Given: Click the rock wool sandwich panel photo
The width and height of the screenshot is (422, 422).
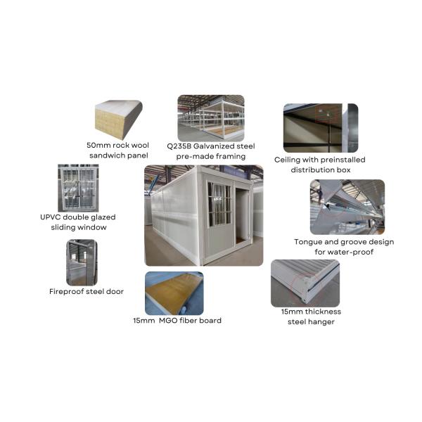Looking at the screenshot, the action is [119, 120].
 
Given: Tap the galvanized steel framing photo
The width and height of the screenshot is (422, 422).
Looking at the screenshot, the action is [211, 118].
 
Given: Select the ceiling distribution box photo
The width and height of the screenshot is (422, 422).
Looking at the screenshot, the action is [321, 128].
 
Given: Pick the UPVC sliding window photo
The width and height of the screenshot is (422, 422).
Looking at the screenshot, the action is [78, 188].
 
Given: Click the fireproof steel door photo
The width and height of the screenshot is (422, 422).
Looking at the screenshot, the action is [82, 262].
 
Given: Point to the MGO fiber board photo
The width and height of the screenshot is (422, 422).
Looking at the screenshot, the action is [174, 293].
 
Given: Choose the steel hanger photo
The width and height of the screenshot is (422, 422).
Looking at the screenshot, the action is [305, 283].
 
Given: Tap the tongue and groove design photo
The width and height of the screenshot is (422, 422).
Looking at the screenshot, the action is [347, 207].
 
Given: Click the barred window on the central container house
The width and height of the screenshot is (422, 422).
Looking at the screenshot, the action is [219, 204].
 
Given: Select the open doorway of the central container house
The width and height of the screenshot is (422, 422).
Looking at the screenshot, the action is [243, 215].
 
